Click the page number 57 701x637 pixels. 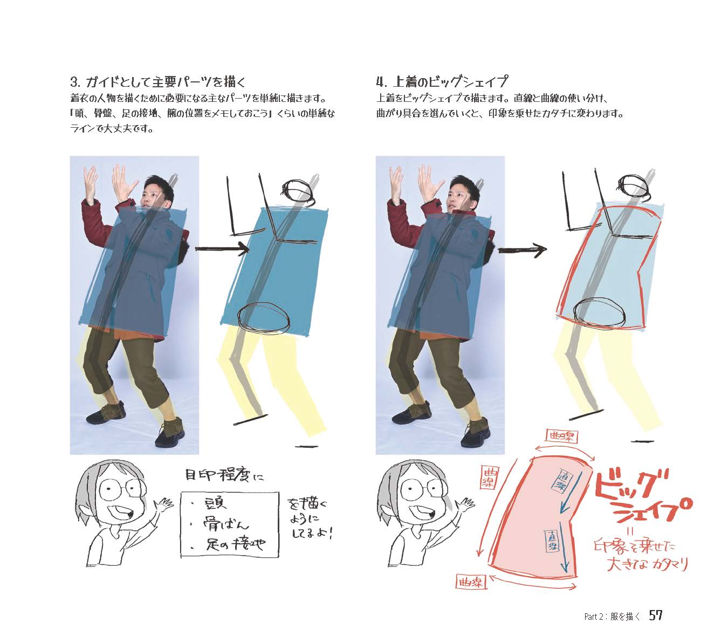(655, 615)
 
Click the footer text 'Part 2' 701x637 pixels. (595, 617)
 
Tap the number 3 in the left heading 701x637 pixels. (74, 82)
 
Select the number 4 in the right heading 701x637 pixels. (381, 82)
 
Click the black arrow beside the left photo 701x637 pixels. (222, 248)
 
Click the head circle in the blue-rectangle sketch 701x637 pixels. (298, 191)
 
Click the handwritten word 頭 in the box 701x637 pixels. (216, 504)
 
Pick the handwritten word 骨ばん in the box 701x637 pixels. (226, 524)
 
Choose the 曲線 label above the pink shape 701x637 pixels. (562, 435)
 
